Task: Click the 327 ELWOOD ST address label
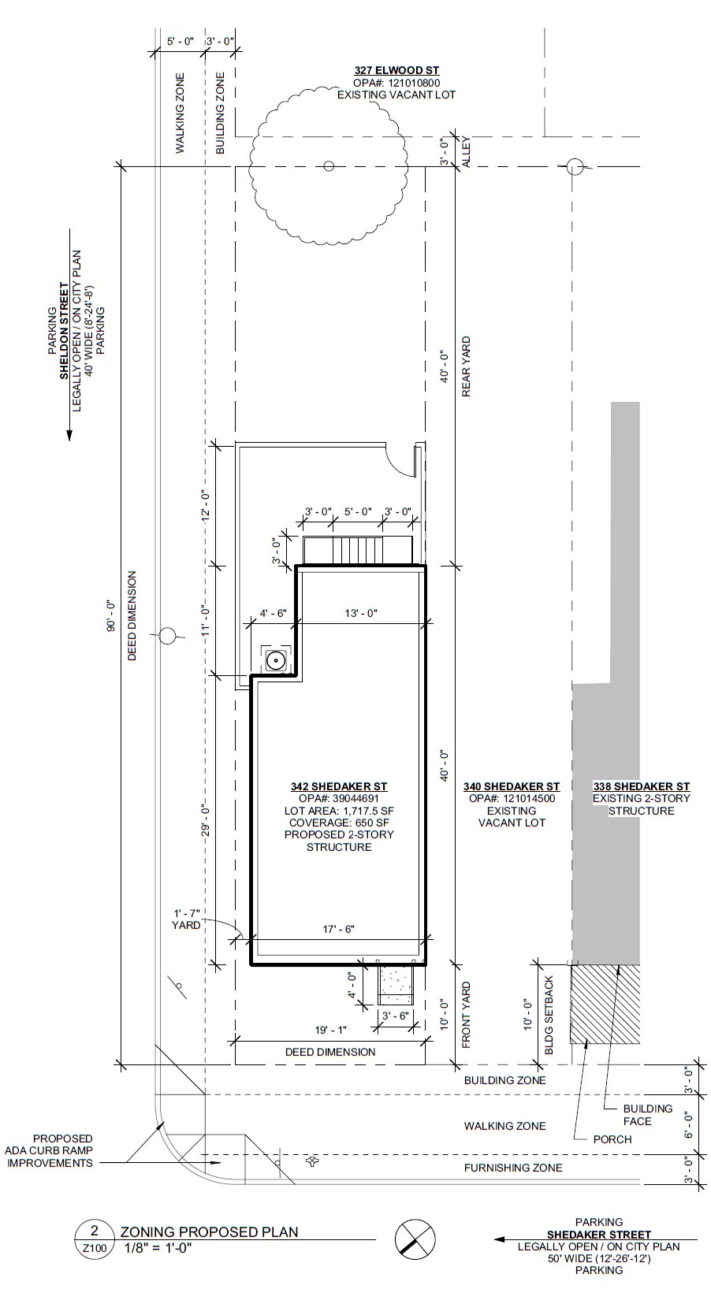tap(396, 71)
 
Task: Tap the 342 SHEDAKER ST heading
tap(339, 786)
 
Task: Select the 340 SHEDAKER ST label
tap(512, 786)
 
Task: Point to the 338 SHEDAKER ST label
tap(641, 786)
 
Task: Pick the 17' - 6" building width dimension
tap(339, 929)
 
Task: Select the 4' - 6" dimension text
tap(274, 613)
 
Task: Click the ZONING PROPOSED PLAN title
tap(209, 1231)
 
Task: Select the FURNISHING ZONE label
tap(512, 1167)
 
